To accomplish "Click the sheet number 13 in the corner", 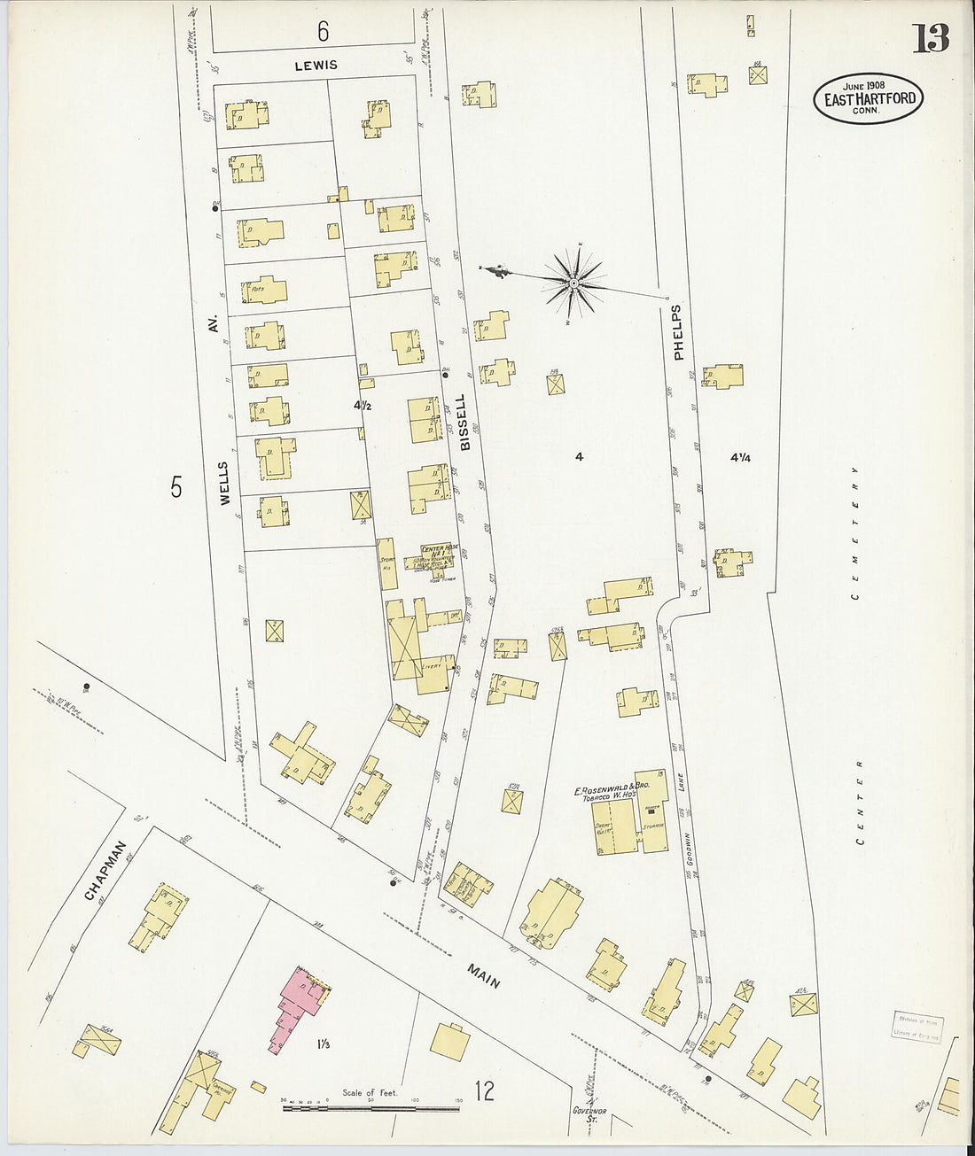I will [931, 38].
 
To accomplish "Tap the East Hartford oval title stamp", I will [869, 97].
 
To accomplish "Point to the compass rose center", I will [574, 283].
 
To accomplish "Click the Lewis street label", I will [316, 66].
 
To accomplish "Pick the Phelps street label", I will [679, 332].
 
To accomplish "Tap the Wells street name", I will [223, 483].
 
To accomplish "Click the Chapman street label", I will [105, 870].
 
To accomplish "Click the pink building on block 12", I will [297, 1005].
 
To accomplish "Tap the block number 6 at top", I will [323, 32].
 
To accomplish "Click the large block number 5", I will [176, 486].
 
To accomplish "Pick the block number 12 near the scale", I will [484, 1091].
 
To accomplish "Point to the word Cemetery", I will [855, 532].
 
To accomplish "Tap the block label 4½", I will [362, 406].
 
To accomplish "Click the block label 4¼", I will [740, 458].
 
